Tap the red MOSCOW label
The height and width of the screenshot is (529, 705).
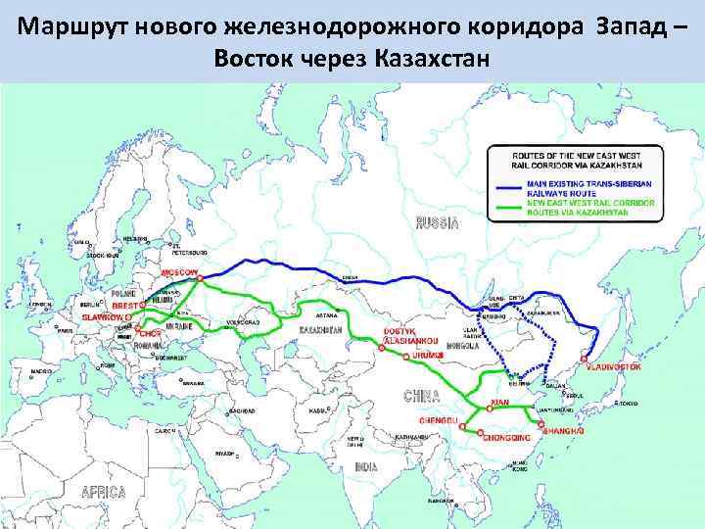coord(179,270)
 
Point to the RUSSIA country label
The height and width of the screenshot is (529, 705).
coord(437,223)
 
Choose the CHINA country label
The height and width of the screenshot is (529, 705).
coord(422,396)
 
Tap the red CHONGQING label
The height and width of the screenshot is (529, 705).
coord(506,438)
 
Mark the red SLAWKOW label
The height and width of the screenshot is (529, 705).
coord(104,317)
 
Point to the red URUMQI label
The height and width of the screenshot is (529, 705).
coord(428,353)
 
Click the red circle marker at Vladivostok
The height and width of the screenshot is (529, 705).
coord(589,359)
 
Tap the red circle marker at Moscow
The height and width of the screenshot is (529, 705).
coord(200,278)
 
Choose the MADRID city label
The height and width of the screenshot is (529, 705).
coord(42,373)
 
